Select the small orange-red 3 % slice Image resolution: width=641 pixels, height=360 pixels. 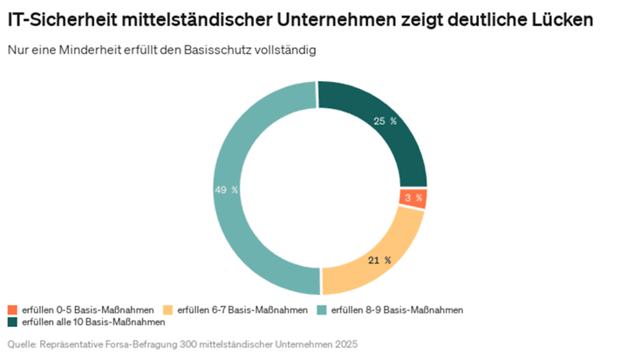412,198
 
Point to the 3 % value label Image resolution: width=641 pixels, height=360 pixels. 413,198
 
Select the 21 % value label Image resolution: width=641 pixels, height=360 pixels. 379,260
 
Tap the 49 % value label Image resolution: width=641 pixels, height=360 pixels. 226,189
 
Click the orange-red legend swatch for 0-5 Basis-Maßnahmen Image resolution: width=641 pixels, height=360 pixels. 12,310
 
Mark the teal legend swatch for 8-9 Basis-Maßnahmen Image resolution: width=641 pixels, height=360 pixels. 322,310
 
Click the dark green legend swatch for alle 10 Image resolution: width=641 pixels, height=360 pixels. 12,323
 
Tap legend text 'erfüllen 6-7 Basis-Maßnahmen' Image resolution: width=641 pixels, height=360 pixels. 242,310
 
